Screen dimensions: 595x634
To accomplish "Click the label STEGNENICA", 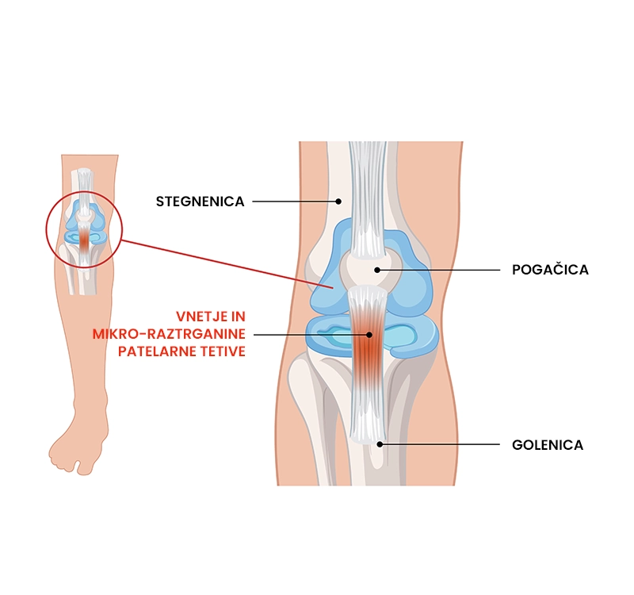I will pyautogui.click(x=200, y=202).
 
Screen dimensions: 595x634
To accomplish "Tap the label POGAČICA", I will pyautogui.click(x=550, y=270).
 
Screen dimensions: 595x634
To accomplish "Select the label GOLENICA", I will pyautogui.click(x=548, y=445).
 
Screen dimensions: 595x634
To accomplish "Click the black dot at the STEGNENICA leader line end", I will pyautogui.click(x=338, y=202).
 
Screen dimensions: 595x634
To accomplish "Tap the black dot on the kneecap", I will pyautogui.click(x=378, y=270).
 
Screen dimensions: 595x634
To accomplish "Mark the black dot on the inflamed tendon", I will pyautogui.click(x=369, y=335).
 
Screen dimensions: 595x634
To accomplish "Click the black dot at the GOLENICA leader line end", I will pyautogui.click(x=380, y=444).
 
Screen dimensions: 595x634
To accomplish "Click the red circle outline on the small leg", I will pyautogui.click(x=47, y=230).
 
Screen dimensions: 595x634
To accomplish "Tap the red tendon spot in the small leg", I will pyautogui.click(x=84, y=239).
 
